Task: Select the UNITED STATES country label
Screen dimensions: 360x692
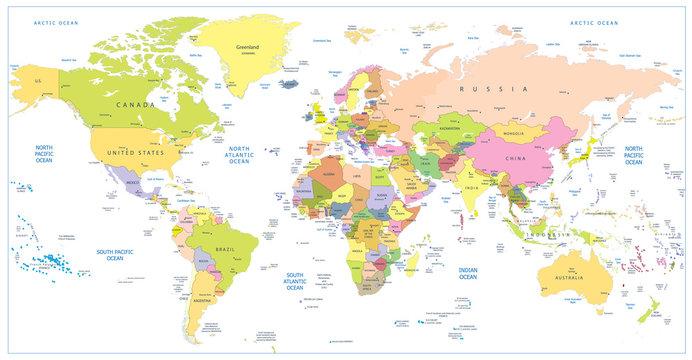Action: click(x=136, y=151)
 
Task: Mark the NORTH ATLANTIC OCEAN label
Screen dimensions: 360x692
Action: click(x=239, y=156)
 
